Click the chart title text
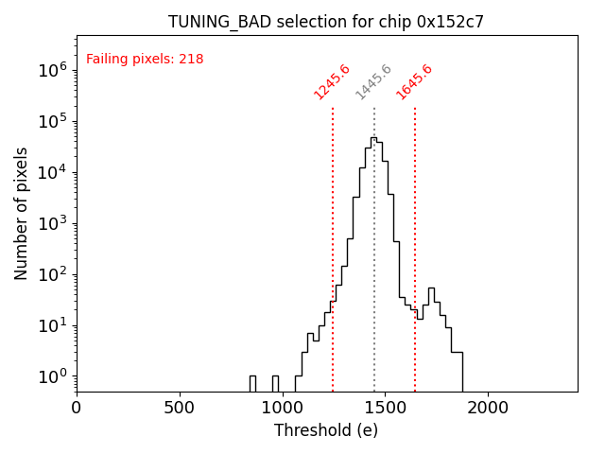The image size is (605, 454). (326, 22)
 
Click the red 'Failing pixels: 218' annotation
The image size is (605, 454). (145, 60)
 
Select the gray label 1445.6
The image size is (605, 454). (373, 81)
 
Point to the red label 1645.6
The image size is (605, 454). (414, 81)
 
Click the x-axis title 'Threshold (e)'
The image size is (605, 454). (326, 430)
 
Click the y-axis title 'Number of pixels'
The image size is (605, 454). (22, 213)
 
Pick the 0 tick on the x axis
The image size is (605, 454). (77, 408)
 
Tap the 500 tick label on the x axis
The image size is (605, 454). (180, 408)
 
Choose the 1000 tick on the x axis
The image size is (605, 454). (282, 408)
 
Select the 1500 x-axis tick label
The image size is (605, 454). (385, 408)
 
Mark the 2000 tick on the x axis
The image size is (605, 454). (488, 408)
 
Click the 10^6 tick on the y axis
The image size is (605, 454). (52, 70)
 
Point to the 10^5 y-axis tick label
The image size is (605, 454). (52, 121)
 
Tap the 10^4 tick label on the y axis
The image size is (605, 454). (52, 172)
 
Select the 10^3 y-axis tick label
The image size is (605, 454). (52, 223)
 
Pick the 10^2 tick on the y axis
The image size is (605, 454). (52, 274)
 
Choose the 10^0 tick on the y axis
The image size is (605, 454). (52, 376)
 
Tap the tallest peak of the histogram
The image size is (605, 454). (373, 138)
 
